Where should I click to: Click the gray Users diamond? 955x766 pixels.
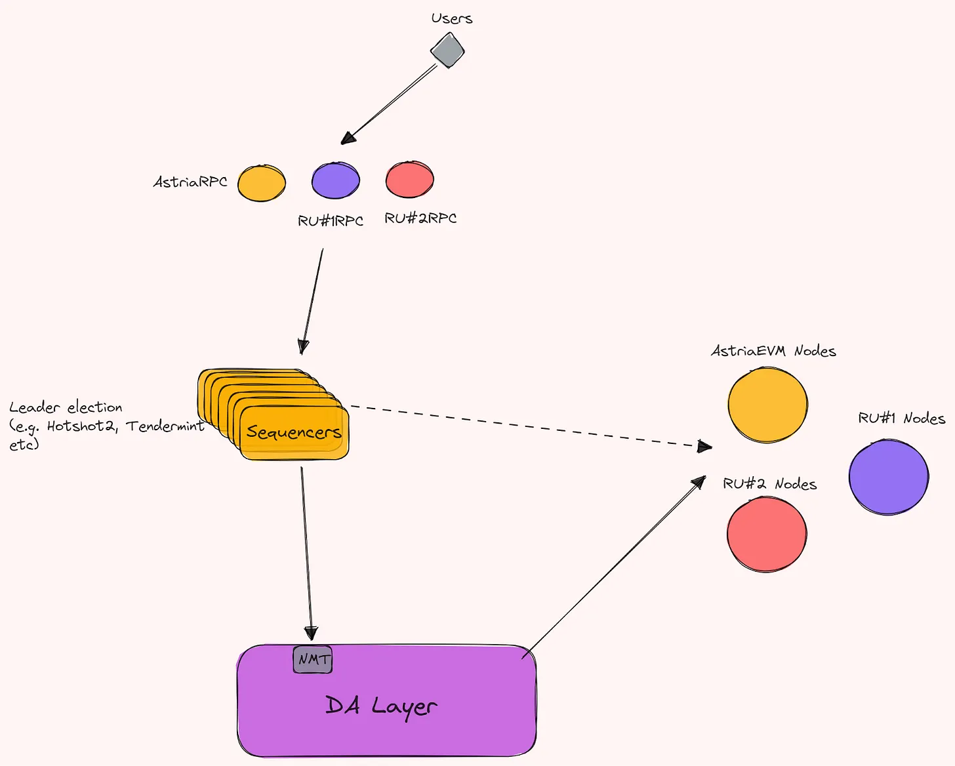[x=447, y=50]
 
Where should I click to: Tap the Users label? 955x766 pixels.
[x=452, y=18]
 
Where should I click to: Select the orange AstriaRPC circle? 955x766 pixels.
[x=262, y=183]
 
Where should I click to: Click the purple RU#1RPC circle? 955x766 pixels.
[x=335, y=180]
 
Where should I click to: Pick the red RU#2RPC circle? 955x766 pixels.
[x=409, y=179]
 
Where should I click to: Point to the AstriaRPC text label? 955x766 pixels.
[x=190, y=182]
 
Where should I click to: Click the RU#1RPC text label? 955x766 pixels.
[x=331, y=220]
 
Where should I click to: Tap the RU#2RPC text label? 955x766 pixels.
[x=420, y=218]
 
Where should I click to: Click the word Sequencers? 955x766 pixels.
[x=294, y=432]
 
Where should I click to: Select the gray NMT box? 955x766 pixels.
[x=312, y=660]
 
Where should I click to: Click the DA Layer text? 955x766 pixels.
[x=381, y=706]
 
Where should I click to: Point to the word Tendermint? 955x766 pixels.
[x=165, y=426]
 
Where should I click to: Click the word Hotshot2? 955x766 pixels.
[x=81, y=426]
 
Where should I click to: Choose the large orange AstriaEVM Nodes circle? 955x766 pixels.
[x=767, y=405]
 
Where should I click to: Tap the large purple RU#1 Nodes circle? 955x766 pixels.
[x=889, y=477]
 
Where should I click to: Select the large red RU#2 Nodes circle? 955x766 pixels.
[x=767, y=534]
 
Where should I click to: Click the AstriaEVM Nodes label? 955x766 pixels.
[x=773, y=351]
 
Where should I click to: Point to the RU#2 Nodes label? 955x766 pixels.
[x=770, y=484]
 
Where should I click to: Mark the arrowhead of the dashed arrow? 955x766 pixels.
[x=704, y=447]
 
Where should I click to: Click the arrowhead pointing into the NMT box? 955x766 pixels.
[x=311, y=634]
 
